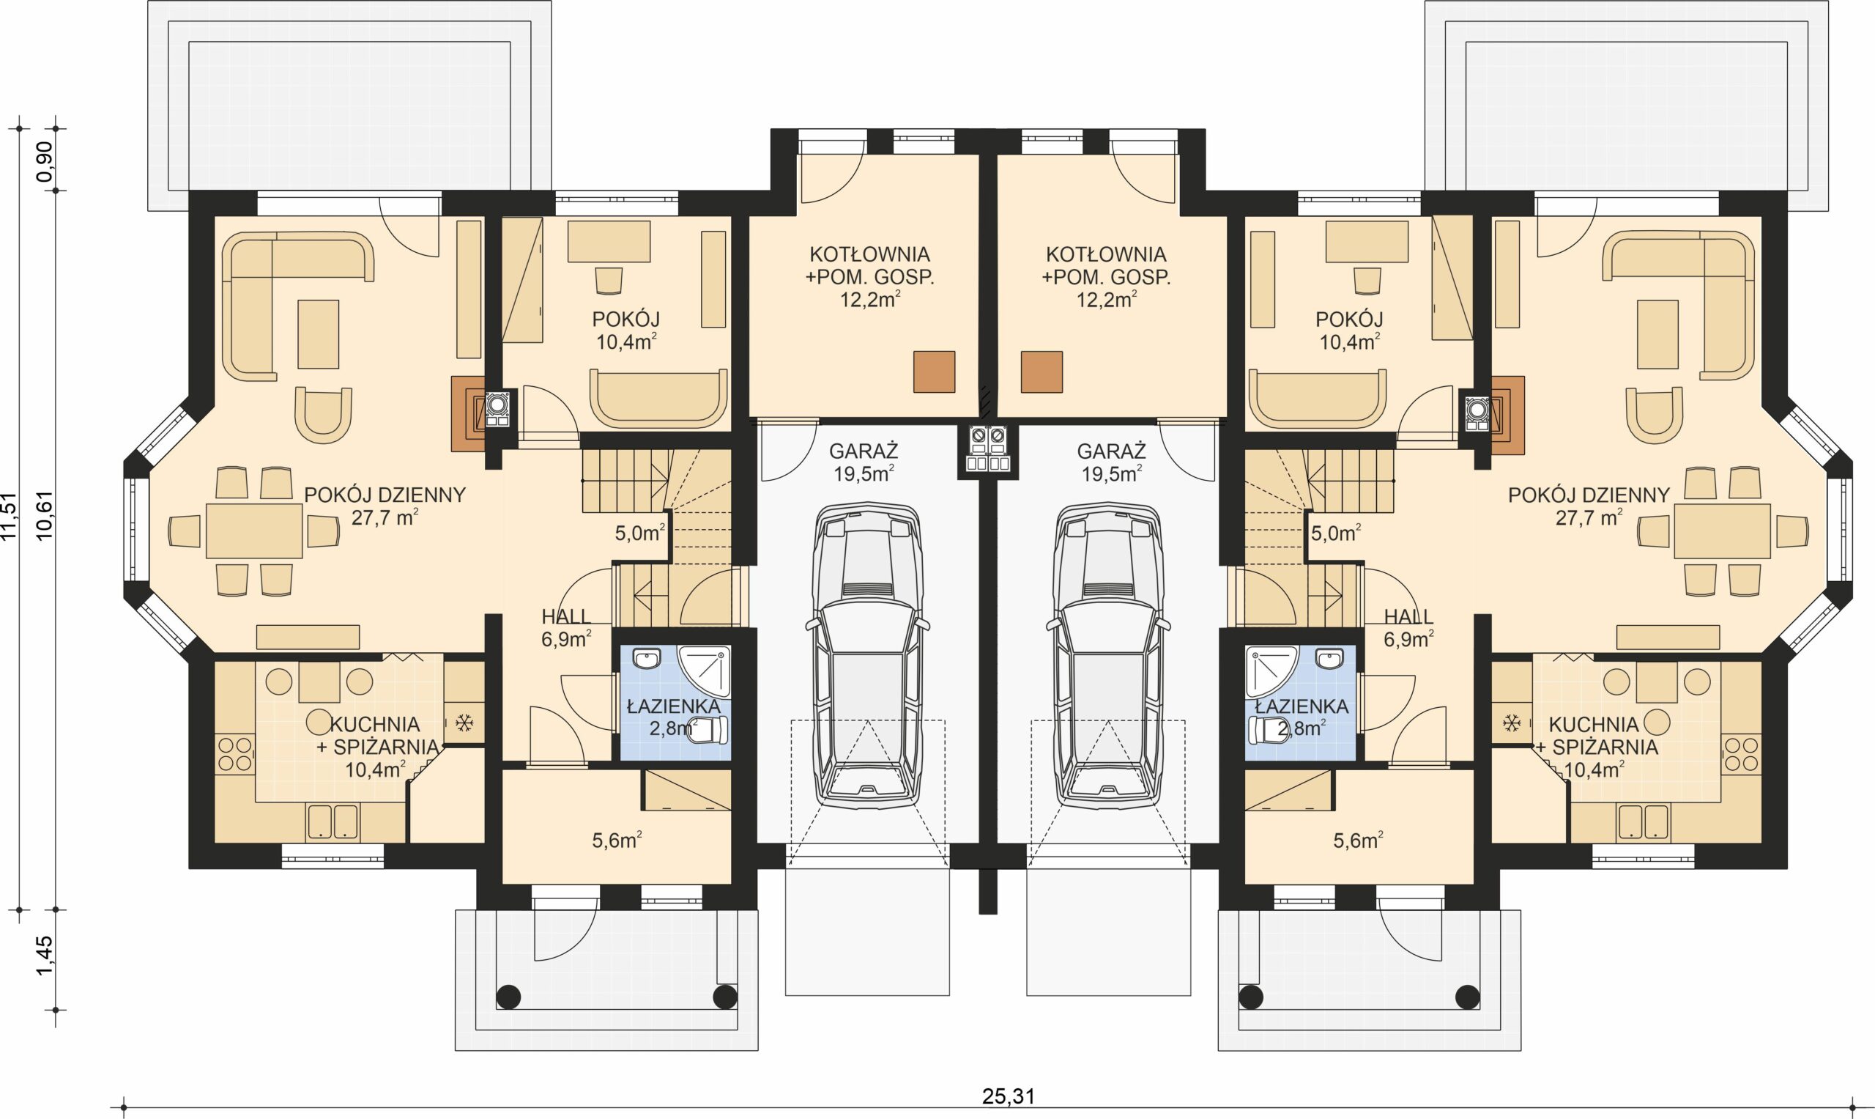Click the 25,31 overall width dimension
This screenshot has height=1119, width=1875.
click(1008, 1096)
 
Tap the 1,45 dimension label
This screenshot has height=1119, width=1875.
click(45, 956)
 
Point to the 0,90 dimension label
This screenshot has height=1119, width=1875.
click(45, 160)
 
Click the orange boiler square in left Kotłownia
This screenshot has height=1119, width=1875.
click(934, 372)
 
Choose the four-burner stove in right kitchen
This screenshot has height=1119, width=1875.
click(1742, 754)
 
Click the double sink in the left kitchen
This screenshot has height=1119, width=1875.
click(333, 822)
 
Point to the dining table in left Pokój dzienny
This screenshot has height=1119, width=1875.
click(254, 531)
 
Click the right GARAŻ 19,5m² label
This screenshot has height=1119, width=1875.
click(1111, 462)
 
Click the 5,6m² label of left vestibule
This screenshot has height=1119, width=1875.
click(617, 840)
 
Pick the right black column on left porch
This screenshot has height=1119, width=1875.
click(725, 997)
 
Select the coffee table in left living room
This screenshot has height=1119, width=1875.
click(318, 334)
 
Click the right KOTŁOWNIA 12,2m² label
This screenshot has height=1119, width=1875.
click(1105, 277)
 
